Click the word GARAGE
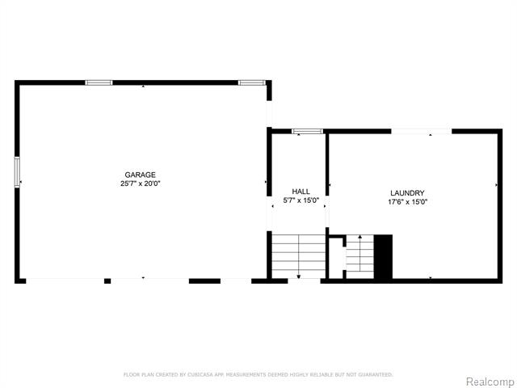pos(140,175)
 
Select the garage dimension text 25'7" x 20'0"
pos(140,183)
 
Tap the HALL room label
pos(301,192)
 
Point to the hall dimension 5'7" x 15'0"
pos(301,200)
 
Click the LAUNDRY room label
pos(407,192)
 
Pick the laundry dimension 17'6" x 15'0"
pos(407,201)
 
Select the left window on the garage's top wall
pos(99,82)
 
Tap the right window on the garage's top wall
pos(251,82)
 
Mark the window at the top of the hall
pos(307,131)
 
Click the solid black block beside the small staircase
pos(382,257)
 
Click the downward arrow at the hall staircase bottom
pos(299,277)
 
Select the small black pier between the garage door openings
pos(107,280)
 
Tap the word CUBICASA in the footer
pos(197,375)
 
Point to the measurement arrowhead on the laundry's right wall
pos(496,184)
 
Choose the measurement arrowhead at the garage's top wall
pos(144,86)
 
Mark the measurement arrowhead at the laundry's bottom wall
pos(431,277)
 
